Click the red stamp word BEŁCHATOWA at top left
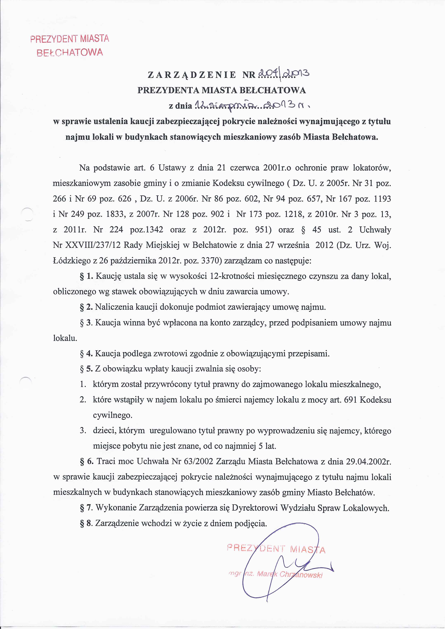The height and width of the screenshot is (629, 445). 70,52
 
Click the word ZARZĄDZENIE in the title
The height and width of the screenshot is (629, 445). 192,75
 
